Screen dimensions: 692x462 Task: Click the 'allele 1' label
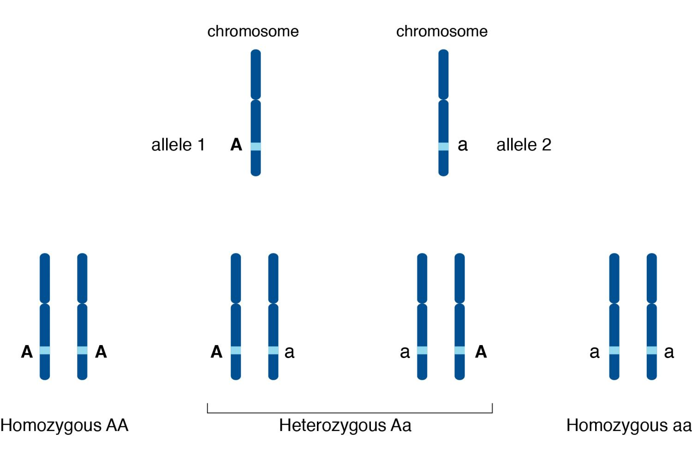click(178, 145)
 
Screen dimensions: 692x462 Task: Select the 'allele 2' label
click(524, 145)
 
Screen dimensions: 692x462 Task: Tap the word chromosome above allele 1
click(253, 31)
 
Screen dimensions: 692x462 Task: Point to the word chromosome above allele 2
click(442, 31)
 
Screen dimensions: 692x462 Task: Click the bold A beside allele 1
click(236, 145)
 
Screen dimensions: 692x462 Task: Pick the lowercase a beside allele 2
click(462, 145)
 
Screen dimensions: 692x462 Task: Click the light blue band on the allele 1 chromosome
click(256, 146)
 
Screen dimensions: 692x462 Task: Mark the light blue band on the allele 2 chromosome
click(444, 146)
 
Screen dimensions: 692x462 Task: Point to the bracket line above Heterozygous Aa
click(350, 413)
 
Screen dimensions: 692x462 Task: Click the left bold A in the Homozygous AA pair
click(27, 352)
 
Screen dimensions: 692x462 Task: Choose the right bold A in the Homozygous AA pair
click(101, 352)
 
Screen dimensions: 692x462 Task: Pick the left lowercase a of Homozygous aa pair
click(594, 353)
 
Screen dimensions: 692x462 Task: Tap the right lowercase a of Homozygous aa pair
click(669, 353)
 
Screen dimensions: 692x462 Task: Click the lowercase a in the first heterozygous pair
click(289, 353)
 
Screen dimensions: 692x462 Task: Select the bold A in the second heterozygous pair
click(481, 352)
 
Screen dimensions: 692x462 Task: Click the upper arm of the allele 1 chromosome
click(256, 74)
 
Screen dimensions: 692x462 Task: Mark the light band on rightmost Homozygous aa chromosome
click(652, 351)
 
